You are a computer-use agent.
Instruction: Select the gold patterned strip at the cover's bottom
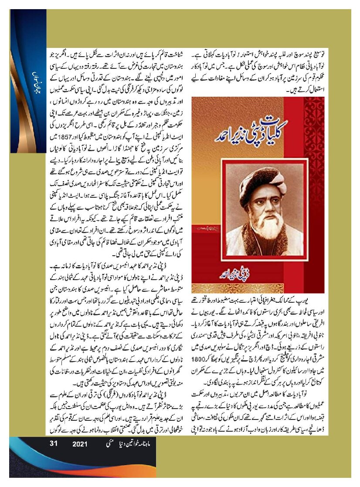253,287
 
